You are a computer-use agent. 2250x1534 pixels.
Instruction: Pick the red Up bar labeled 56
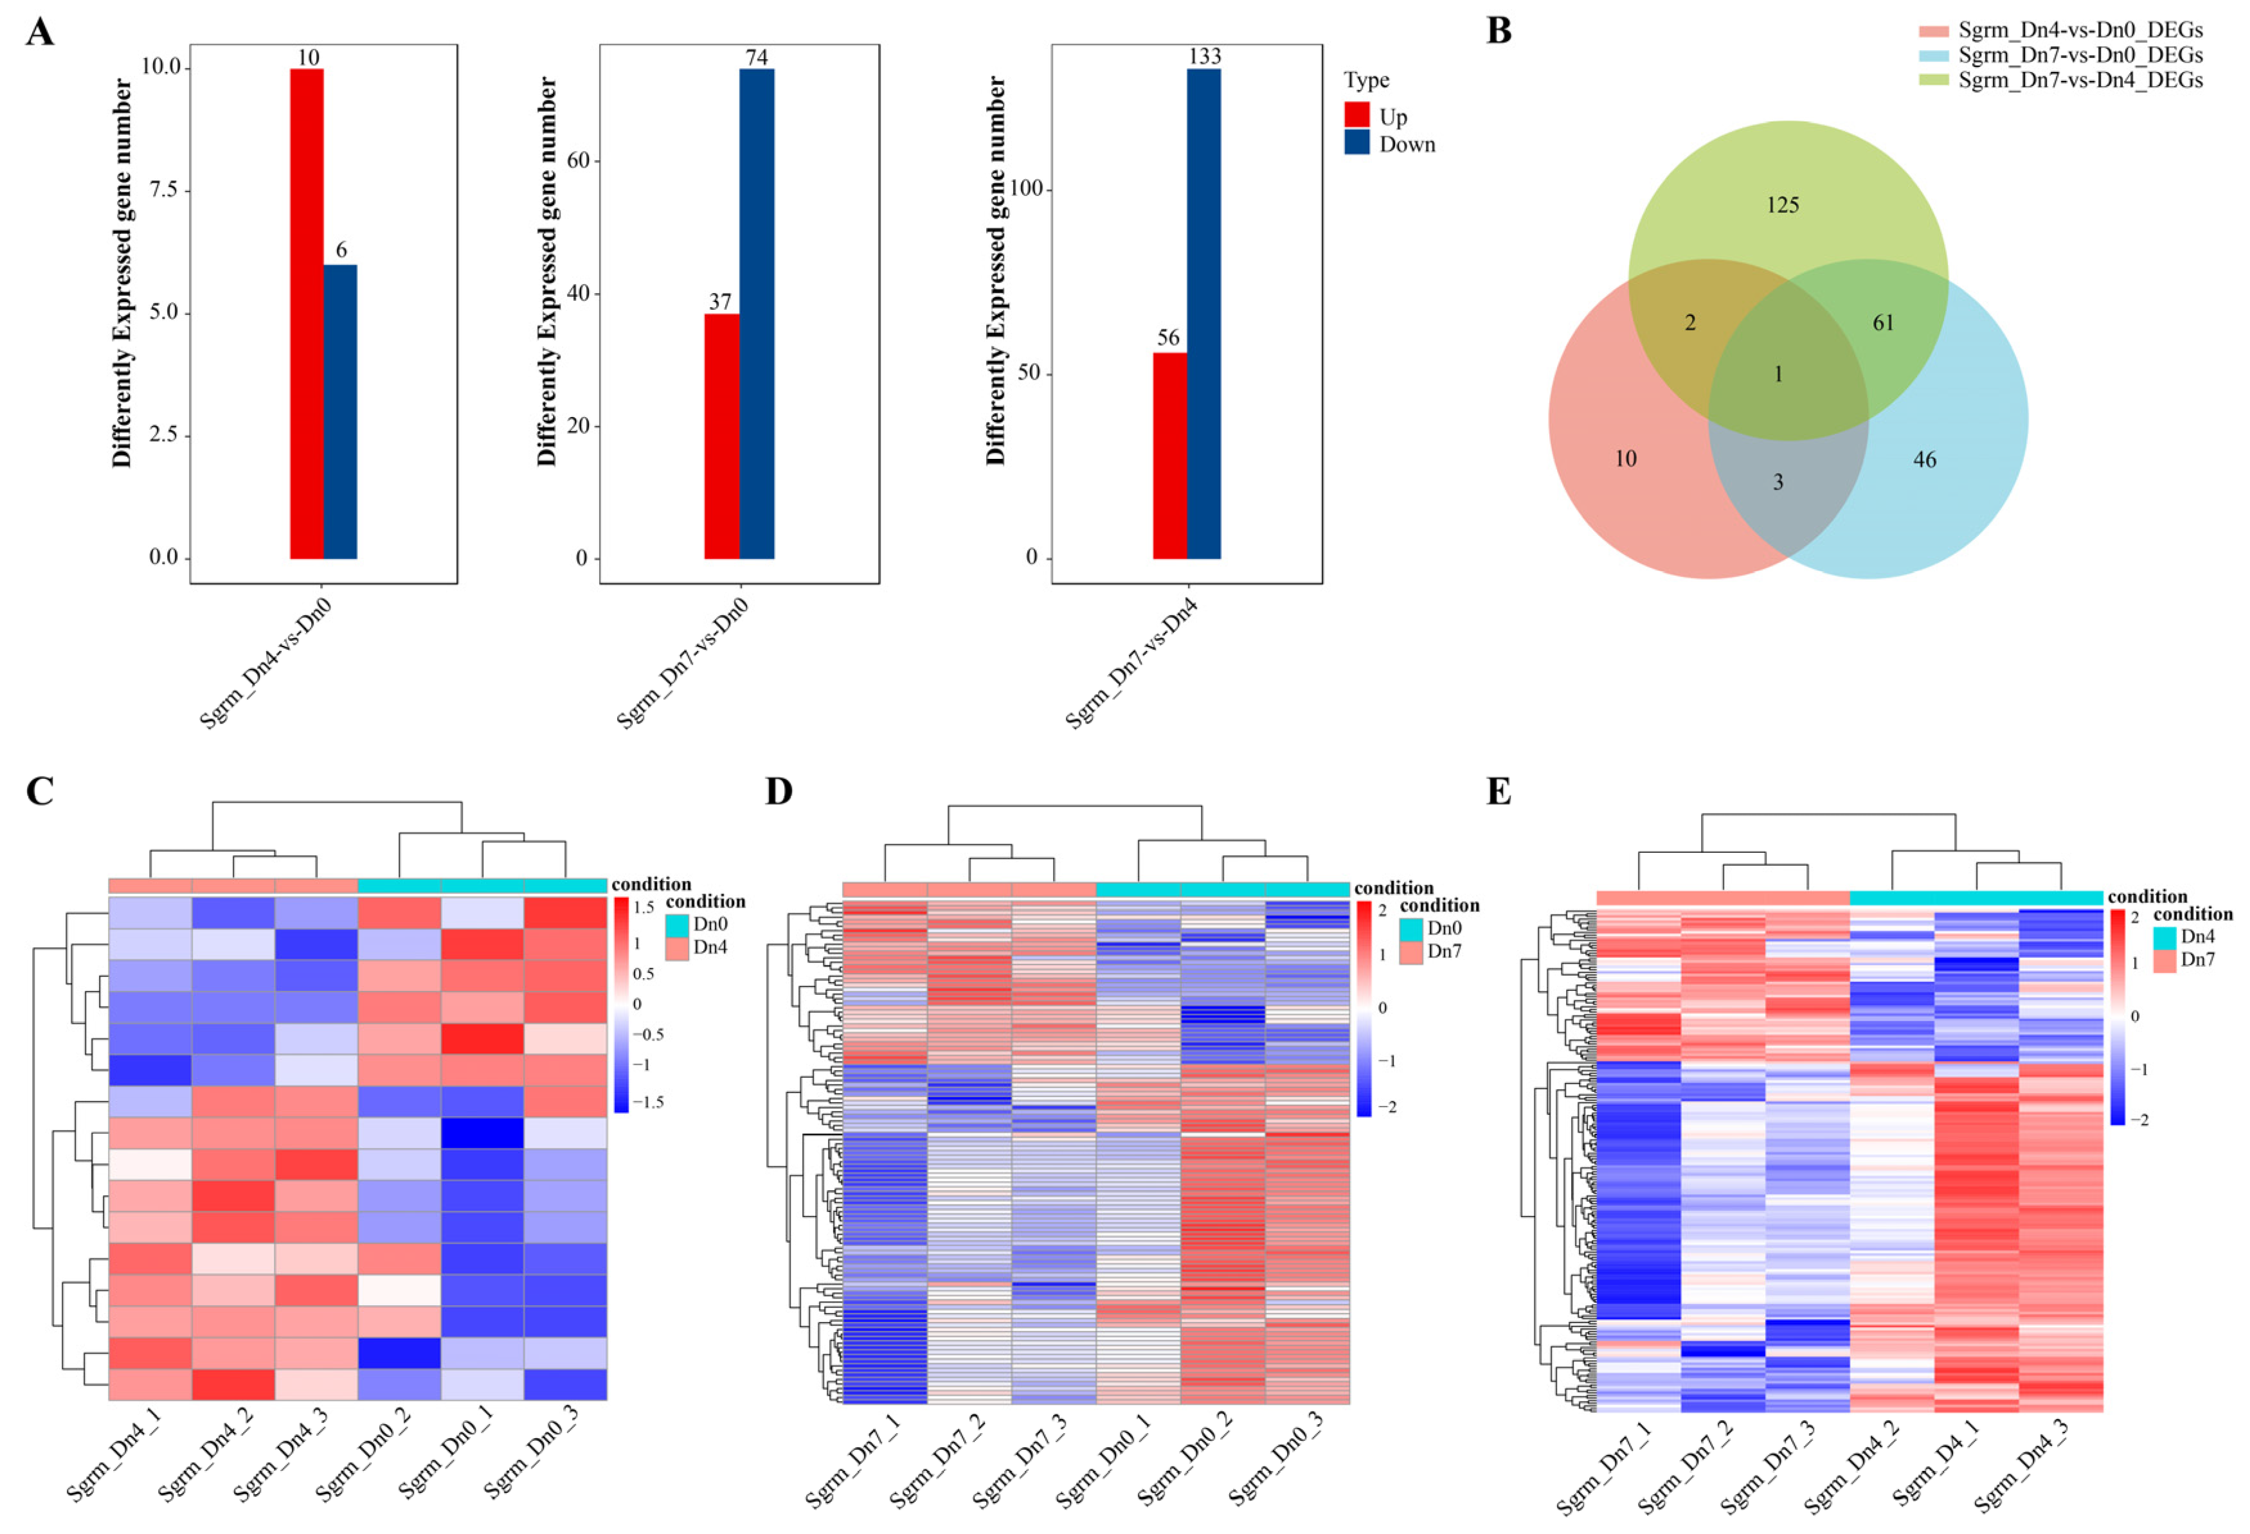point(1169,455)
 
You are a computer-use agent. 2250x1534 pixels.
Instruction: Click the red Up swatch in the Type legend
point(1356,115)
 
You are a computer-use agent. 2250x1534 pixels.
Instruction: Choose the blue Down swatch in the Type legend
point(1356,143)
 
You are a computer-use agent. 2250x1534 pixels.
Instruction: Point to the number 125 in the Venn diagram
point(1783,205)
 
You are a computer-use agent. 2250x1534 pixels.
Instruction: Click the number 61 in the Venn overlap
point(1883,323)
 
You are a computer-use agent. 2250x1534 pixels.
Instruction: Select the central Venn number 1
point(1778,375)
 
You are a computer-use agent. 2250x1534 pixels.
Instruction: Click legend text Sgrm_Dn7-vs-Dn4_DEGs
point(2080,80)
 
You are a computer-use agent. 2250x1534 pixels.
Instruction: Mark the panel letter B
point(1498,31)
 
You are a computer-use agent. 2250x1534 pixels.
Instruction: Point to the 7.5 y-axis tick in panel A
point(164,190)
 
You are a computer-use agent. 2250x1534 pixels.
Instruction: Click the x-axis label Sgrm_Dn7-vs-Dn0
point(683,663)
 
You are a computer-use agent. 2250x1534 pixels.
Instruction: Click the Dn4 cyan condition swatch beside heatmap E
point(2164,937)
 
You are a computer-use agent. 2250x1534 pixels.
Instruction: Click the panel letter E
point(1498,792)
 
